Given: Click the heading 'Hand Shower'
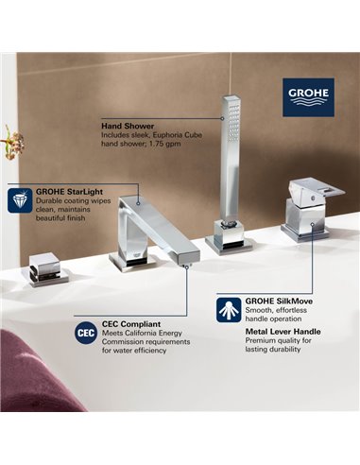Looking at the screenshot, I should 129,123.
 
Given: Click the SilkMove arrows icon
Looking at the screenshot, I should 227,304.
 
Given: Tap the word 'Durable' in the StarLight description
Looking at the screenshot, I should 52,201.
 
